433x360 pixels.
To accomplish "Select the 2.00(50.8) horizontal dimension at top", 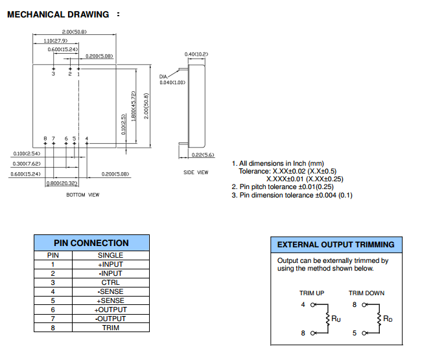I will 75,32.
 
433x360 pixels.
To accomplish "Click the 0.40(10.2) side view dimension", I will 196,54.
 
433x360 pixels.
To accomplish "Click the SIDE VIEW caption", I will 196,172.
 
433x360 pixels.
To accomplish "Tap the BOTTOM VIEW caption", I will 83,194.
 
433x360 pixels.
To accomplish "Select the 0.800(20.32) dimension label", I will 62,183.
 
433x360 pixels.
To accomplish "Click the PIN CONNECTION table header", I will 91,243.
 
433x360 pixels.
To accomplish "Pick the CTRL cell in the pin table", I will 110,282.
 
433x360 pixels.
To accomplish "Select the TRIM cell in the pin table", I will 110,328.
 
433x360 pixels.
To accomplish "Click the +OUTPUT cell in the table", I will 110,309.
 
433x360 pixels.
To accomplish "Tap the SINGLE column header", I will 110,255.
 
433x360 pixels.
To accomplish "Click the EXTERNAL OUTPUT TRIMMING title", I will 336,245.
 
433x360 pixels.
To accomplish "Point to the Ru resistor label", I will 335,319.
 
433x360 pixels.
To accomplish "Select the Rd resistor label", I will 388,319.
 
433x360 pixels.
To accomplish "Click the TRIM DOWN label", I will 366,293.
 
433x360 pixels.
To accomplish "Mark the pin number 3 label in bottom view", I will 54,74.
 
